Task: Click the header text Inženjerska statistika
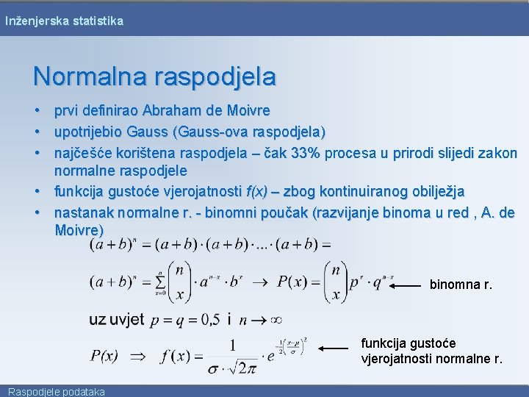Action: coord(64,21)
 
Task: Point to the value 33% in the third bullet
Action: coord(305,153)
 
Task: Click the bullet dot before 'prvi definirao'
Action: coord(37,111)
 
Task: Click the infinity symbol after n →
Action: coord(276,320)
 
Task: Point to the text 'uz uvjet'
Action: coord(116,320)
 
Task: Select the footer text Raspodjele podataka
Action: coord(57,391)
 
